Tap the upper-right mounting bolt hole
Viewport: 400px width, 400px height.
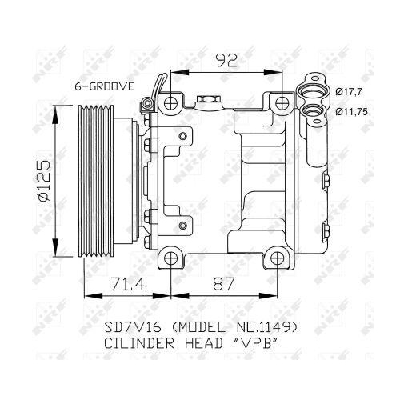click(x=279, y=102)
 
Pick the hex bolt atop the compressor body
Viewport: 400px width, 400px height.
click(x=206, y=100)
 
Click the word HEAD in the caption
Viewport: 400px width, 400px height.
click(x=206, y=344)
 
